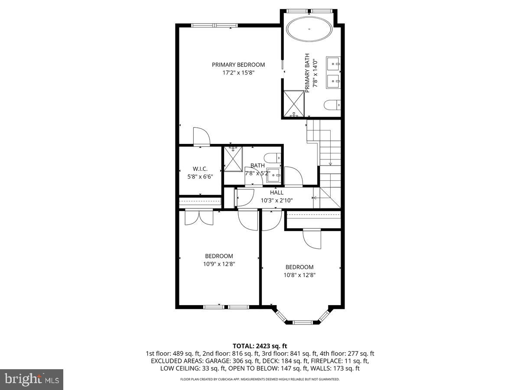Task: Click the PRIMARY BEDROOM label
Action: [x=238, y=65]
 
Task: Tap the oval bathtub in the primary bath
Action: [x=310, y=29]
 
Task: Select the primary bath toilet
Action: [x=333, y=105]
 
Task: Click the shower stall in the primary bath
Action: [x=294, y=104]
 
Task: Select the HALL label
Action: [x=276, y=192]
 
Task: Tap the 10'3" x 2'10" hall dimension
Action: [x=276, y=200]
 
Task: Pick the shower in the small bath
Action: [x=233, y=159]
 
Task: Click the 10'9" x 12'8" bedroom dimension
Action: [x=219, y=263]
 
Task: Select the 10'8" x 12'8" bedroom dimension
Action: [x=299, y=274]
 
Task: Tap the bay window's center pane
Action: [x=302, y=322]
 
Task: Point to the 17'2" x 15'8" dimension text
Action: [x=238, y=73]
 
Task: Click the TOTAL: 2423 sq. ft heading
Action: [x=260, y=346]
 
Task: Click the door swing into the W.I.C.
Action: [x=201, y=136]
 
